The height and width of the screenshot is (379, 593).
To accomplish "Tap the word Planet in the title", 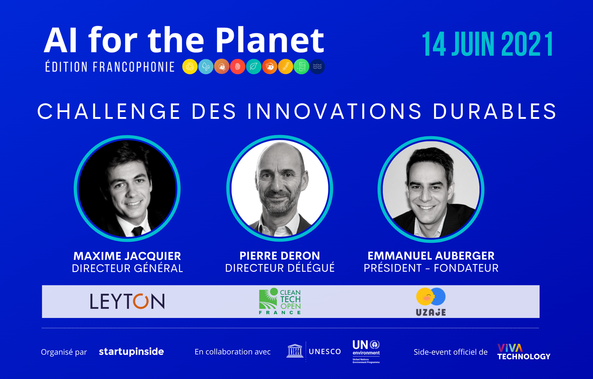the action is [x=270, y=40].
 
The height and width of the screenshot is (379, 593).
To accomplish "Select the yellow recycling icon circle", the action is [x=190, y=66].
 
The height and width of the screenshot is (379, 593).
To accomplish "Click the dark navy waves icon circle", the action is [x=317, y=66].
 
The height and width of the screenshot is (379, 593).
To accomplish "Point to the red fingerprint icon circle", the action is [x=237, y=66].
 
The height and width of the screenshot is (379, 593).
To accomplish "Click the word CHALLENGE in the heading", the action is [x=109, y=111].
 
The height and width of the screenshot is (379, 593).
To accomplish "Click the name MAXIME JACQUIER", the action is [x=127, y=256].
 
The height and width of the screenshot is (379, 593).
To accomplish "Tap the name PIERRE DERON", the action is [x=280, y=255].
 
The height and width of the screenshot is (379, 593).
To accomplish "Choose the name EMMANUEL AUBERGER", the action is [x=431, y=255].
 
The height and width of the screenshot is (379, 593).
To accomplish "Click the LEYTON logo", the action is [x=127, y=301].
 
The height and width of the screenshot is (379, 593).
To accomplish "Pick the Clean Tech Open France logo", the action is [x=280, y=301].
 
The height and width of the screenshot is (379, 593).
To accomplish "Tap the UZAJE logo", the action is [x=431, y=302].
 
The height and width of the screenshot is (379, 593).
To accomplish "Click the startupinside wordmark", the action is [x=131, y=351].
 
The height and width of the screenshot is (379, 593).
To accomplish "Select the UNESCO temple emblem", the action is [x=295, y=351].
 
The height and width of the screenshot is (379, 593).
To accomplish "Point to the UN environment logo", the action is [x=366, y=351].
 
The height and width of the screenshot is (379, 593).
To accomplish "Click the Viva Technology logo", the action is [x=524, y=352].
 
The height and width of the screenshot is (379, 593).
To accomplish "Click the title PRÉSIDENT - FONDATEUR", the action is [x=431, y=268].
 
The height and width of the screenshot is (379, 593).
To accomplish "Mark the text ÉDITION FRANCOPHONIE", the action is [x=110, y=67].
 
